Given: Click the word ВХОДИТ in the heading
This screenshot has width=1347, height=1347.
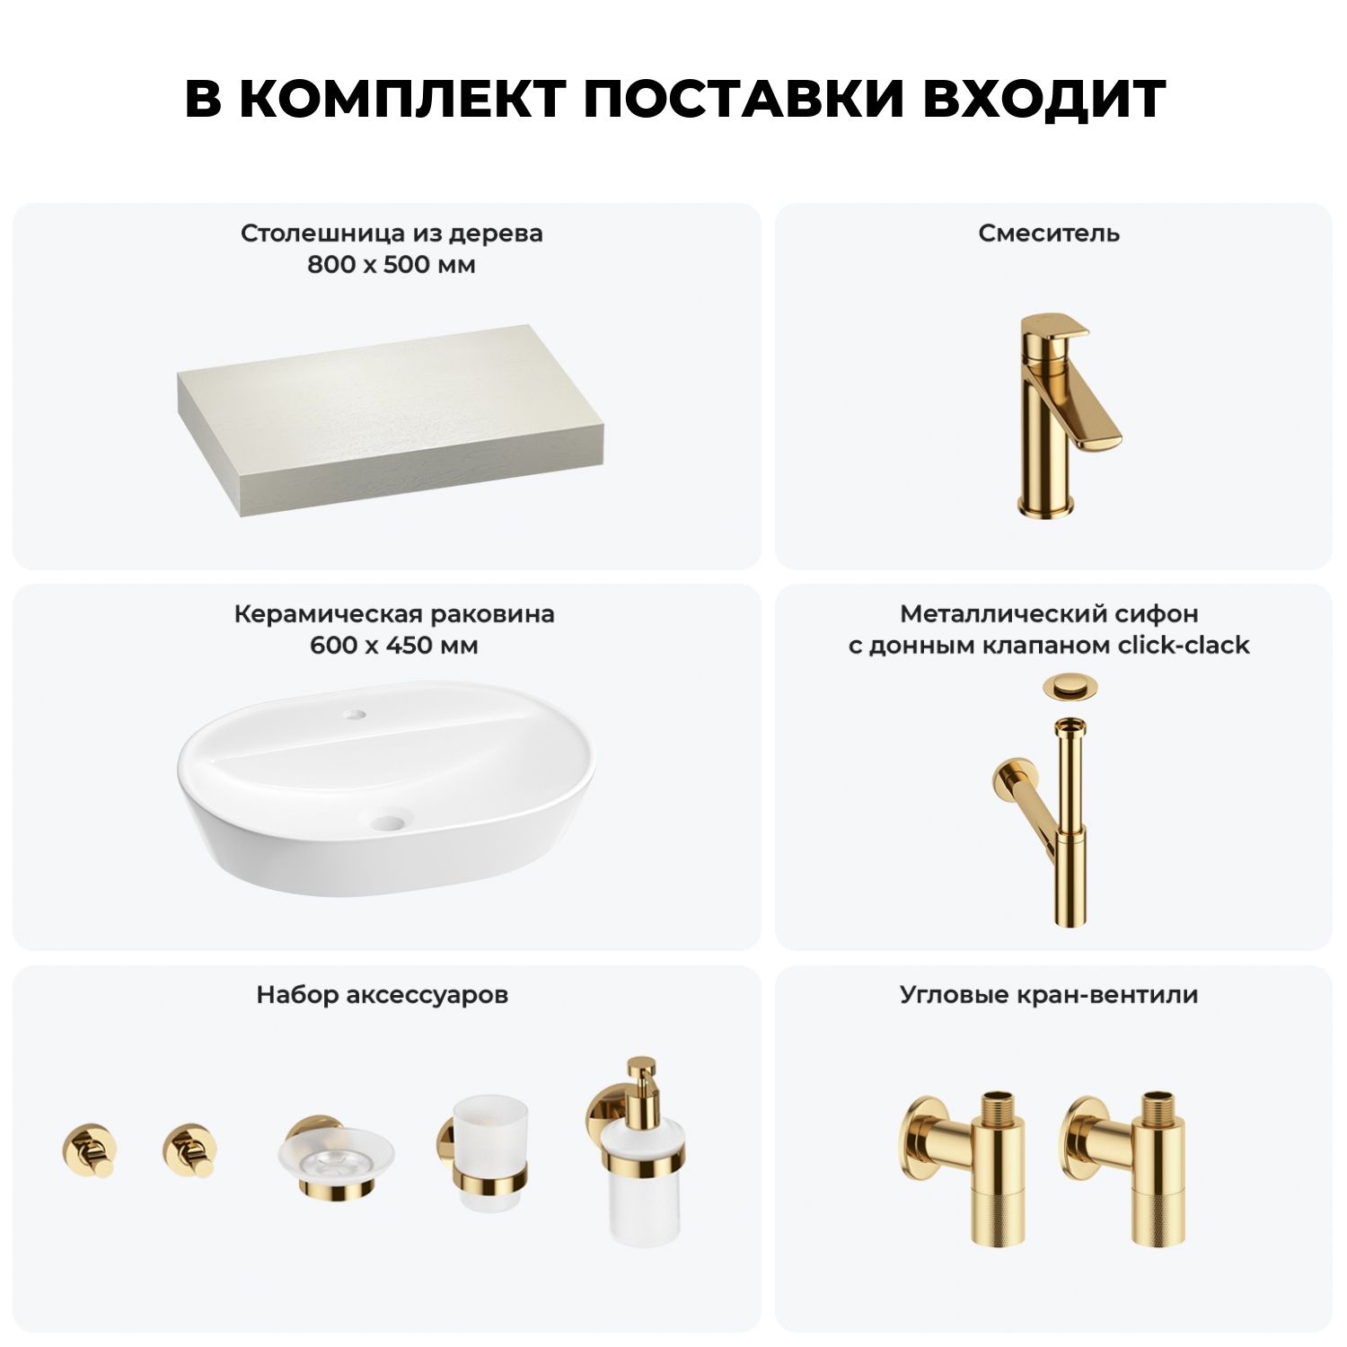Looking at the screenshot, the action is (x=1044, y=98).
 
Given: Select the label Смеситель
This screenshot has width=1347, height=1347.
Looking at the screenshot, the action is (x=1049, y=233).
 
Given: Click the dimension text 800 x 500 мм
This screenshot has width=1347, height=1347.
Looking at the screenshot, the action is (x=391, y=265).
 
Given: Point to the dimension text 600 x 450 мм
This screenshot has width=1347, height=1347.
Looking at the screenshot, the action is (x=393, y=646).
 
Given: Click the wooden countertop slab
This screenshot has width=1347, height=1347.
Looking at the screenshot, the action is (x=390, y=420).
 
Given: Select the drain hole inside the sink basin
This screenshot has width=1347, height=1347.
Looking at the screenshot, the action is (x=389, y=821).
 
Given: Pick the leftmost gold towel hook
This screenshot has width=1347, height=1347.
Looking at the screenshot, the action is (x=90, y=1150).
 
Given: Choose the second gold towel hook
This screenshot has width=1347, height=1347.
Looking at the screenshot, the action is (x=190, y=1150).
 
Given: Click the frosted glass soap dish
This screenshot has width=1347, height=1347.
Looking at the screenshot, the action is (x=336, y=1155).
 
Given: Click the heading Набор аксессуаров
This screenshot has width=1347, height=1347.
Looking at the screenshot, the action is (x=383, y=996).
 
